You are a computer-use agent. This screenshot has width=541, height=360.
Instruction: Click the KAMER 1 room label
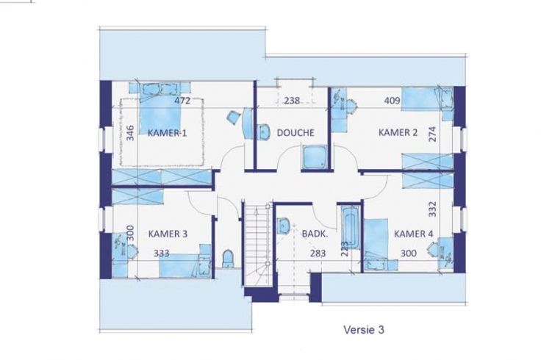coord(168,133)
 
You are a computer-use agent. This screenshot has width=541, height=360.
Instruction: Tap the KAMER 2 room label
coord(398,132)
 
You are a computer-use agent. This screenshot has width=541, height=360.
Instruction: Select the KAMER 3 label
coord(168,234)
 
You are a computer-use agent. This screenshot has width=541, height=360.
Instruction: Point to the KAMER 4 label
coord(413,234)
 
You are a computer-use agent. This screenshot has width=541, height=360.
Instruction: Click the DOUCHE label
coord(295,133)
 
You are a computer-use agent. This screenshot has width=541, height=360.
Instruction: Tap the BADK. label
coord(315,234)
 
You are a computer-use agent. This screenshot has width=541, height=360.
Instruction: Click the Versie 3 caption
coord(364,330)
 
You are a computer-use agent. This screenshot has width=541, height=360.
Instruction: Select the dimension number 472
coord(182,101)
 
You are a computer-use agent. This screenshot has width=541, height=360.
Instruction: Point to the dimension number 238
coord(292,101)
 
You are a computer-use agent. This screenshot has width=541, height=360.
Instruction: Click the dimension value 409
coord(393,101)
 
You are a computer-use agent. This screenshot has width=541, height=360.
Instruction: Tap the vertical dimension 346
coord(130,133)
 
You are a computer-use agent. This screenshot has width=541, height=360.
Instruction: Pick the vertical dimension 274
coord(432,134)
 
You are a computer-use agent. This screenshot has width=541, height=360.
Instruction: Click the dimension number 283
coord(318,253)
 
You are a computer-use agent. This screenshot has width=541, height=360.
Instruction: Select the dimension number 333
coord(162,253)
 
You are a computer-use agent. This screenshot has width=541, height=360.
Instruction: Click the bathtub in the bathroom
coord(350,227)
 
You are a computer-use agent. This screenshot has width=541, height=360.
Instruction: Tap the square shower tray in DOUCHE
coord(313,157)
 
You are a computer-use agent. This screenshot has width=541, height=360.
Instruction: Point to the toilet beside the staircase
coord(228,259)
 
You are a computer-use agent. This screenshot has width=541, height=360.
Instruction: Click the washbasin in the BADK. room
coord(284,226)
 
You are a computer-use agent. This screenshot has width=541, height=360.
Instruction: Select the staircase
coord(257,245)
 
